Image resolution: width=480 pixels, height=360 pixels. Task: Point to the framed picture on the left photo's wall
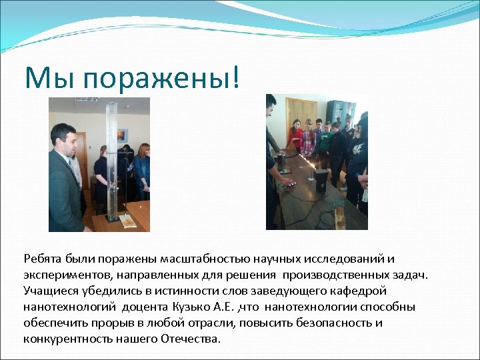pyautogui.click(x=123, y=135)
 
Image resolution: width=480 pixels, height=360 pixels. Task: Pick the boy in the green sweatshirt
pyautogui.click(x=325, y=140)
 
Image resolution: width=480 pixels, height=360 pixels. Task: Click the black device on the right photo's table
pyautogui.click(x=321, y=180)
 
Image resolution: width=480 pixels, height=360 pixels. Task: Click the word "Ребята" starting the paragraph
pyautogui.click(x=42, y=259)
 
